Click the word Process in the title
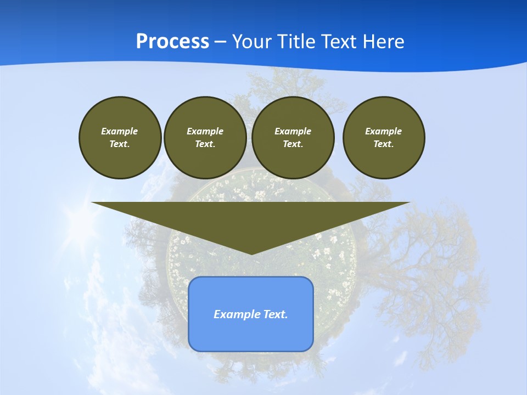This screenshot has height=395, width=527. [172, 42]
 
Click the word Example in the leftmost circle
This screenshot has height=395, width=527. [120, 131]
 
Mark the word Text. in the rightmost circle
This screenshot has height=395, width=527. [384, 144]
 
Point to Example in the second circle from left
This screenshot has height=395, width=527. [205, 131]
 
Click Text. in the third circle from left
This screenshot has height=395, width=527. [293, 144]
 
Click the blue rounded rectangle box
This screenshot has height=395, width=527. [251, 335]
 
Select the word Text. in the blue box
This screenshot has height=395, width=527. [276, 314]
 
